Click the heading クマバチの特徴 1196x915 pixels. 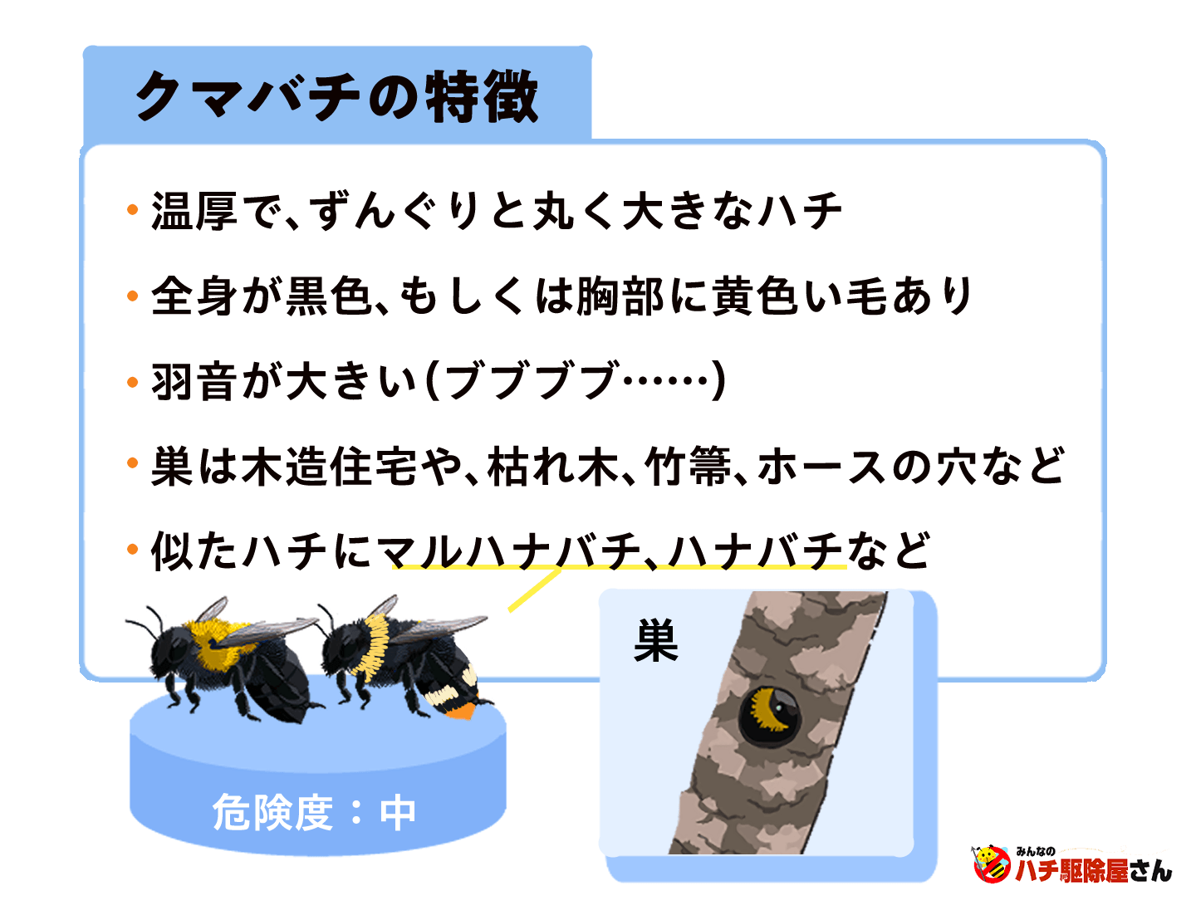tap(336, 97)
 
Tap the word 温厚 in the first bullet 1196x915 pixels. tap(194, 211)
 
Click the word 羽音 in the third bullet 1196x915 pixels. tap(194, 382)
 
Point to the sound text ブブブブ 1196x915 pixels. tap(532, 382)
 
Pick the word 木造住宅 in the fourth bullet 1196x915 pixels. tap(330, 467)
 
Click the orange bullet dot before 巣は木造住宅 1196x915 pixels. tap(132, 463)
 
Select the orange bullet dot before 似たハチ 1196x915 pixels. tap(132, 549)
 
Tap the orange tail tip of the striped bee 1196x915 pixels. tap(459, 710)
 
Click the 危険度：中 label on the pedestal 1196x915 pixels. tap(314, 812)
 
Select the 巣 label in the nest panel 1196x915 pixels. tap(656, 642)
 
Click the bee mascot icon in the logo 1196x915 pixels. tap(990, 864)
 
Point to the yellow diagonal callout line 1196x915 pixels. tap(534, 591)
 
